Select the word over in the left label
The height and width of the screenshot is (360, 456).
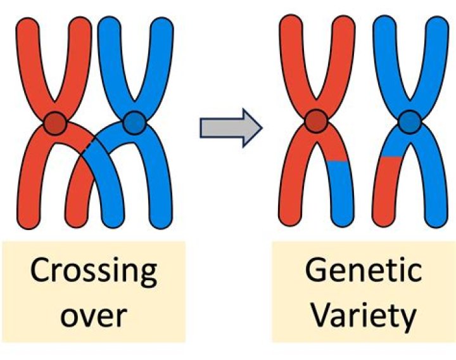click(x=94, y=315)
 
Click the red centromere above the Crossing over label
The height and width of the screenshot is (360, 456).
click(x=55, y=122)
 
